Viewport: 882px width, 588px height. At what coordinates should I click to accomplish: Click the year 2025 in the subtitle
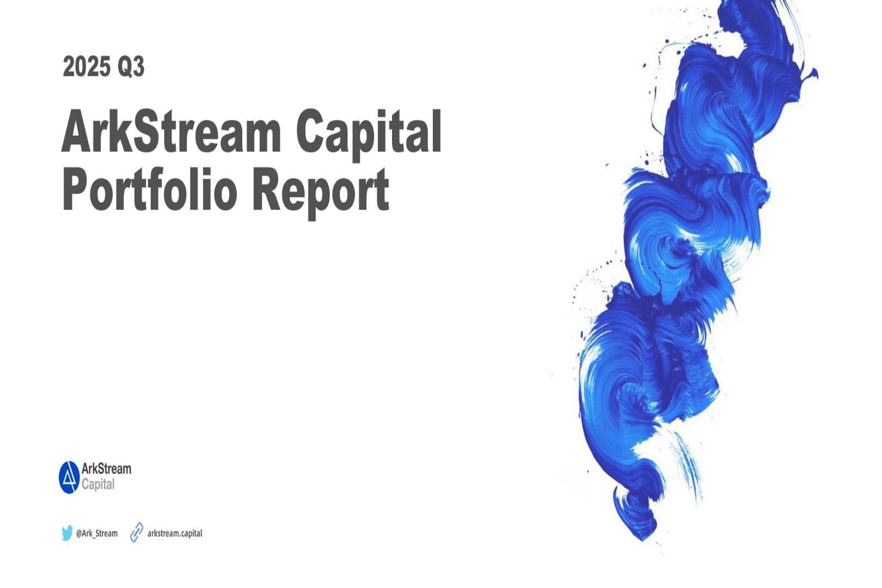[x=87, y=66]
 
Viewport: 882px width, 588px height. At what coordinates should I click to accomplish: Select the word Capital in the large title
[x=369, y=134]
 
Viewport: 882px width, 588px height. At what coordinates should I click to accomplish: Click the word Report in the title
[x=321, y=193]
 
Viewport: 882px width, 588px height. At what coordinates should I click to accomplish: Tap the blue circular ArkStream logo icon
[x=69, y=477]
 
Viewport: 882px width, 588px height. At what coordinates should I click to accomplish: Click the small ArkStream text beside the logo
[x=106, y=469]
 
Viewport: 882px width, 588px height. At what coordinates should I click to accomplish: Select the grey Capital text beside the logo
[x=98, y=484]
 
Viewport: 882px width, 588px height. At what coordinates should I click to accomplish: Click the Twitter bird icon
[x=67, y=533]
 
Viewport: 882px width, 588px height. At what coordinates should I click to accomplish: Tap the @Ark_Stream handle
[x=96, y=533]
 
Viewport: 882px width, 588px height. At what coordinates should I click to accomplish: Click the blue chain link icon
[x=137, y=532]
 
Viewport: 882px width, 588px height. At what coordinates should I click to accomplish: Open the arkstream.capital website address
[x=175, y=533]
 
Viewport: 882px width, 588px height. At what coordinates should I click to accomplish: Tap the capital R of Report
[x=266, y=189]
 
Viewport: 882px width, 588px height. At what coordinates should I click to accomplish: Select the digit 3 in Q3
[x=138, y=66]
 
